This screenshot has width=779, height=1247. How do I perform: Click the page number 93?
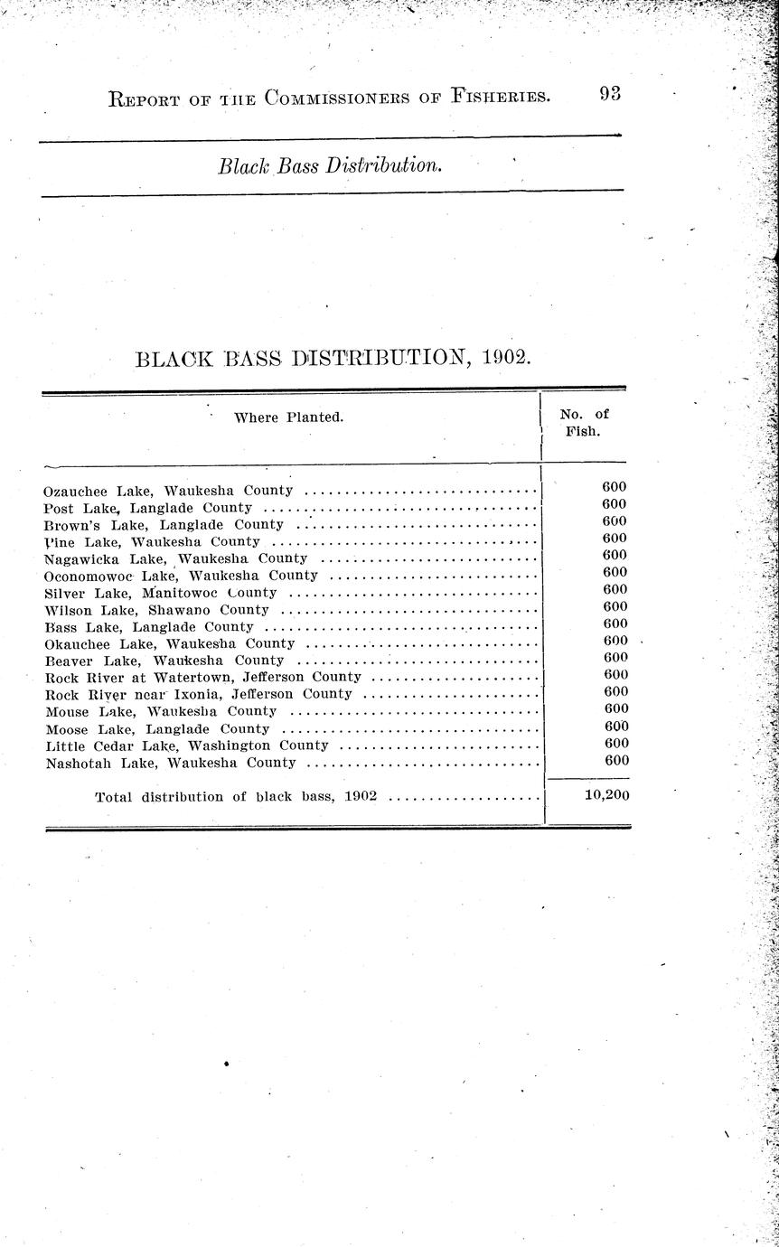click(609, 94)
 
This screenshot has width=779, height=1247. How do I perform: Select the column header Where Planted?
click(289, 417)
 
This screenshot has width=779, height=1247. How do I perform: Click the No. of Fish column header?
click(584, 423)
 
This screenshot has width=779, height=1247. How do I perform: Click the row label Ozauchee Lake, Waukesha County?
click(168, 491)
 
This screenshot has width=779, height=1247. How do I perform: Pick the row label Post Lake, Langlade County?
click(147, 508)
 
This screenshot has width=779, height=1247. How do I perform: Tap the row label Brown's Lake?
click(164, 525)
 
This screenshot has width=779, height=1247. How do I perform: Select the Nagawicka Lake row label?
click(175, 558)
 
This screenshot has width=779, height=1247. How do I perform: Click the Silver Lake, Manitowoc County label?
click(160, 593)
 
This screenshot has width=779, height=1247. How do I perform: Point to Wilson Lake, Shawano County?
click(156, 610)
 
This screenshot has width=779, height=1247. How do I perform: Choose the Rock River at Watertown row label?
click(202, 677)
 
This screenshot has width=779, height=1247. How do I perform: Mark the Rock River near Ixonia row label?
click(198, 694)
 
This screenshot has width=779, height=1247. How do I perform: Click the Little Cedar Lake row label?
click(186, 745)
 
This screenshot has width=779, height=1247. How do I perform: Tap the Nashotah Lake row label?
click(170, 763)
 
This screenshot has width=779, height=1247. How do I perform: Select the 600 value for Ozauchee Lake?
click(615, 486)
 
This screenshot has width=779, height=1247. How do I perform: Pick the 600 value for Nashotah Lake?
click(615, 761)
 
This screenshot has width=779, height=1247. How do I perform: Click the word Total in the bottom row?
click(114, 797)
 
